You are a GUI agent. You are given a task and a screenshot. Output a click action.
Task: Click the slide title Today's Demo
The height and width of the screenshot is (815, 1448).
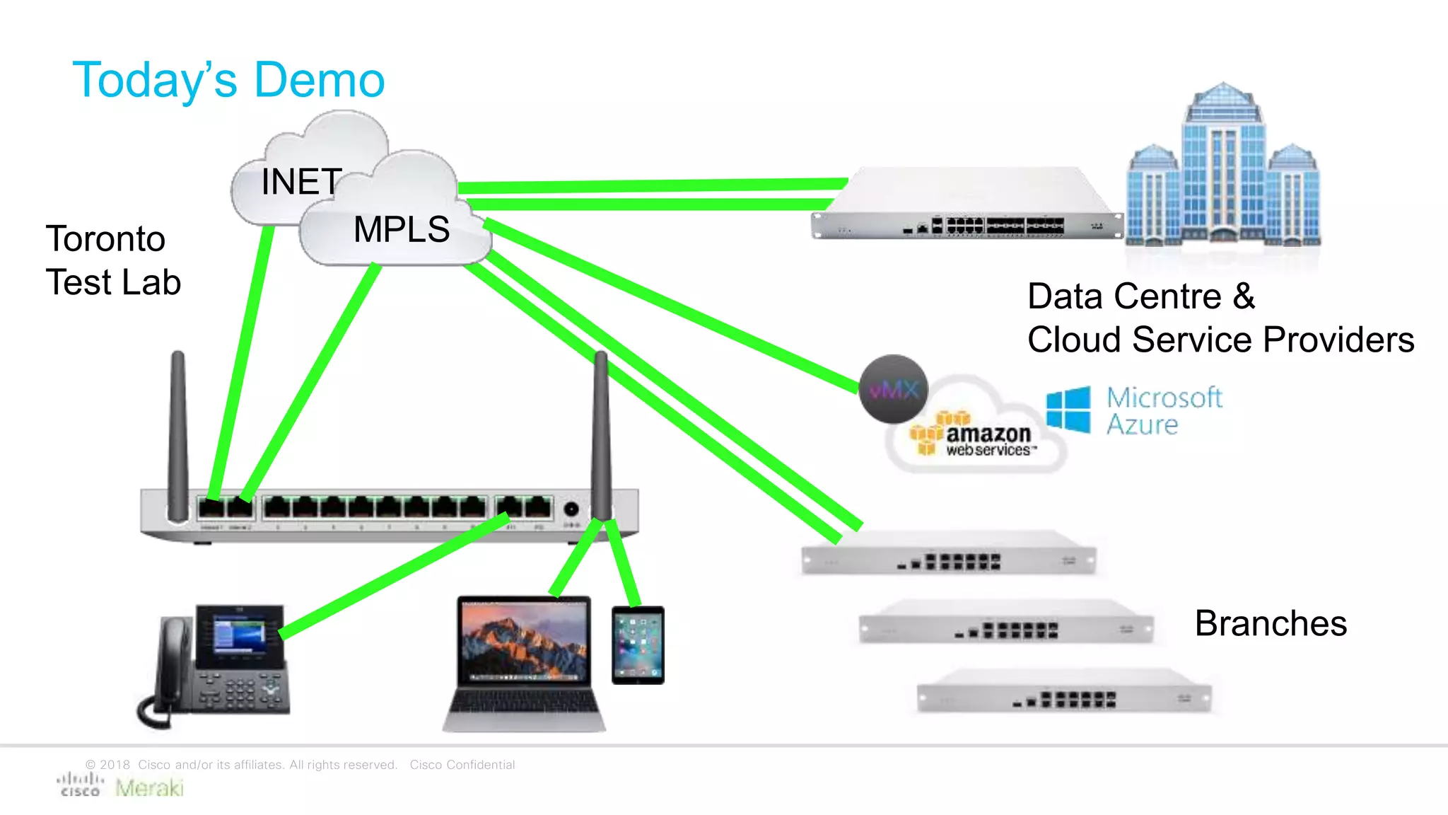[228, 79]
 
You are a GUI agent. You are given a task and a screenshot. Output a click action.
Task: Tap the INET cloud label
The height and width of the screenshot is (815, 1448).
[302, 182]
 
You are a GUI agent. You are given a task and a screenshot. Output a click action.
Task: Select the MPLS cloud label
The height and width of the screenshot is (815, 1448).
[402, 229]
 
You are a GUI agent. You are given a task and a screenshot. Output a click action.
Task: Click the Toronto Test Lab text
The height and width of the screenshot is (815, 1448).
[113, 260]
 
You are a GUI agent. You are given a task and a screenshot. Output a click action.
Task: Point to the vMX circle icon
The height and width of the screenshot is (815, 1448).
[893, 389]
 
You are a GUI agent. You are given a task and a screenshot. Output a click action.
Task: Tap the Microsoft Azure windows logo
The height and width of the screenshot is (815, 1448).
[1068, 409]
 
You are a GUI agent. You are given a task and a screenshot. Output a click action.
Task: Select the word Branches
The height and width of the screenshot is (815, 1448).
[1271, 623]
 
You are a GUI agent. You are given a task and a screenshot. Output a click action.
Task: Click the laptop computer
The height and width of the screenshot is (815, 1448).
[524, 661]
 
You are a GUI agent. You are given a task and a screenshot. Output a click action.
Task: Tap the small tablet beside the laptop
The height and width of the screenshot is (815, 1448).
[638, 645]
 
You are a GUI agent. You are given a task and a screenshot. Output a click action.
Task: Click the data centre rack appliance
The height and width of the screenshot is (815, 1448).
[967, 205]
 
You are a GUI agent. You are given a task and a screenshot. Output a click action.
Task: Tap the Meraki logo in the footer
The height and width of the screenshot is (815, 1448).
[149, 787]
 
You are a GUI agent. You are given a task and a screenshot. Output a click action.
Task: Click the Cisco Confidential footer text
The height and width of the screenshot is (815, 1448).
[462, 765]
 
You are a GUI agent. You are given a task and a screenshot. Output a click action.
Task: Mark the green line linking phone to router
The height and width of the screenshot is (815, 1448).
[396, 577]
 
